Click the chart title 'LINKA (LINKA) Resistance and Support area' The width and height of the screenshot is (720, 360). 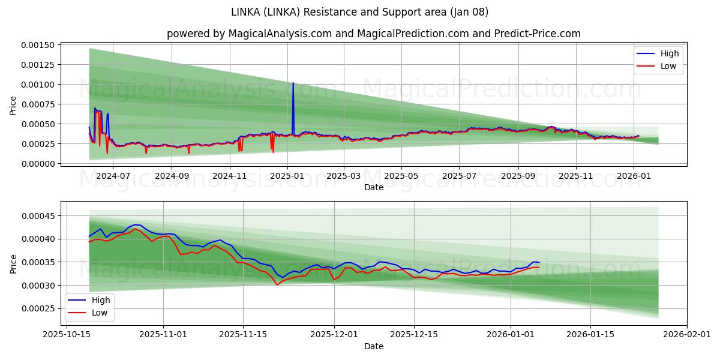coord(360,12)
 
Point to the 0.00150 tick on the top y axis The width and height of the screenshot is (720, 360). coord(38,45)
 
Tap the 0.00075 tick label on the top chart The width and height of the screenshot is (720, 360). coord(38,104)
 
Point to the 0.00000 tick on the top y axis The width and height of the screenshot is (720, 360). coord(38,163)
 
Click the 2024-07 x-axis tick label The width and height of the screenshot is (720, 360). coord(113,176)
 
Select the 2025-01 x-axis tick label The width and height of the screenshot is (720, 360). coord(287,176)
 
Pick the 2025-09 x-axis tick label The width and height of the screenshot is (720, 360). coord(518,176)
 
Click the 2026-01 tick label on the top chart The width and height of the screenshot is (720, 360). coord(634,176)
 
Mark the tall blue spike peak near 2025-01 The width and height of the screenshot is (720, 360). coord(293,83)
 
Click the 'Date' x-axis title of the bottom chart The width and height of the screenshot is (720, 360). coord(373,346)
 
